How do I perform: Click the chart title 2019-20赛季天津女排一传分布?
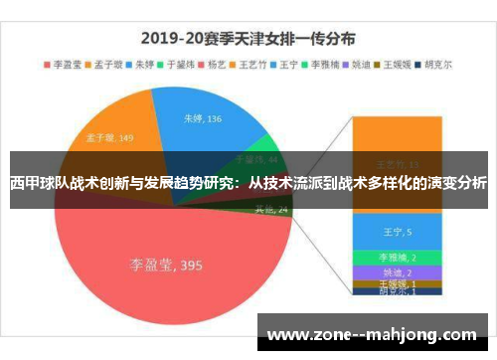(248, 40)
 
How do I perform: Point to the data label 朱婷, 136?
(203, 118)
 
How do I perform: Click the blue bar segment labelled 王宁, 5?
(396, 233)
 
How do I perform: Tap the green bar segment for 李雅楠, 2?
(396, 257)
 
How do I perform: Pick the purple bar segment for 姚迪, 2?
(396, 270)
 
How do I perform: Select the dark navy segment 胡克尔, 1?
(396, 292)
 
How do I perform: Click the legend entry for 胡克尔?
(437, 66)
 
